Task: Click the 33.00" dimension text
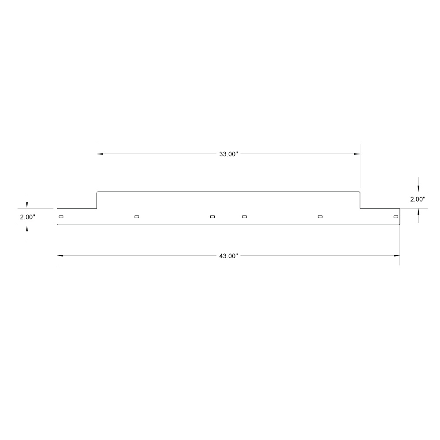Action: tap(228, 154)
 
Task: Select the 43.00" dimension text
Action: tap(228, 256)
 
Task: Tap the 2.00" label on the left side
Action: tap(27, 217)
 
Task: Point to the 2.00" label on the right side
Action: tap(418, 199)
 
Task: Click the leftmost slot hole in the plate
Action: tap(61, 217)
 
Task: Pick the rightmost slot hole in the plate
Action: tap(396, 217)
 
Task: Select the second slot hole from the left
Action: tap(137, 217)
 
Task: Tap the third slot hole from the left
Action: tap(213, 217)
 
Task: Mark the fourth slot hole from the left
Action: tap(245, 217)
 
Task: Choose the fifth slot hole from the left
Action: tap(320, 217)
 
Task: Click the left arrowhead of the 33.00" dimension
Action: tap(100, 154)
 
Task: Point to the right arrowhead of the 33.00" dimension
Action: tap(357, 154)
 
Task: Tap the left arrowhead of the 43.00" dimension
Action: tap(60, 255)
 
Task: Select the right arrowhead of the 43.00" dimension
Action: tap(396, 255)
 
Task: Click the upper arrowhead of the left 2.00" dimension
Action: tap(27, 205)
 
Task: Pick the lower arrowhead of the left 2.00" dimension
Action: tap(27, 228)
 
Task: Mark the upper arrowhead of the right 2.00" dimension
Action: tap(418, 189)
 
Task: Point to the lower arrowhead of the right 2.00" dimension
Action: tap(418, 211)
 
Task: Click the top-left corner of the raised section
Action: tap(97, 192)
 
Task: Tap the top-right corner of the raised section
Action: tap(360, 192)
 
